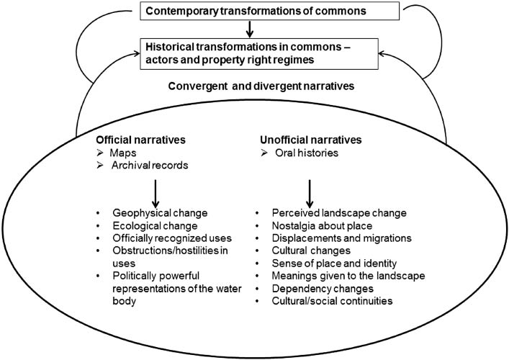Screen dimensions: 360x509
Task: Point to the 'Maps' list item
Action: point(120,153)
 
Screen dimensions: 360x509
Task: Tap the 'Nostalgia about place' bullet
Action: point(321,226)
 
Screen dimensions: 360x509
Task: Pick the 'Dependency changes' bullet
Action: point(318,288)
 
